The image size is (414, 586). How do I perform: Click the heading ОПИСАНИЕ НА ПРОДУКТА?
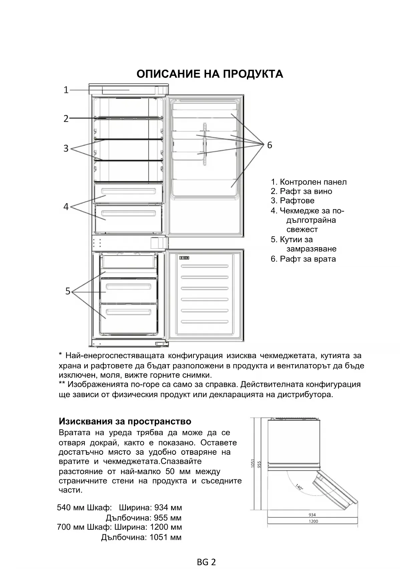click(210, 74)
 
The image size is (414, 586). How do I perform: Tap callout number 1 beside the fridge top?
click(66, 90)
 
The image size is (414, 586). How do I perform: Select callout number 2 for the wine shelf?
click(66, 119)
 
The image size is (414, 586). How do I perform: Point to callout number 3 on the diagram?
click(66, 148)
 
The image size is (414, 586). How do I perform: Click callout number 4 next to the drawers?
click(66, 207)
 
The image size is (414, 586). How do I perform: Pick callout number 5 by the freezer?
click(68, 291)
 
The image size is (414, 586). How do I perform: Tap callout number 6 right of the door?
click(270, 145)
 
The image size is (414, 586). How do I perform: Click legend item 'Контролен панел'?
click(309, 182)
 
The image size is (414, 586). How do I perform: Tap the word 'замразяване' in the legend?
click(311, 249)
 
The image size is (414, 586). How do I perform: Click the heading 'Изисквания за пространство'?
click(125, 421)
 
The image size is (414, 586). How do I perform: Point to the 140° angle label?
click(299, 487)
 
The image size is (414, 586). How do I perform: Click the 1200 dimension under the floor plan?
click(313, 521)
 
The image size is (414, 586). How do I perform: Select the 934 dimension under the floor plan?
click(312, 515)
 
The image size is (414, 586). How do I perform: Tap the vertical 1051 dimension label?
click(253, 463)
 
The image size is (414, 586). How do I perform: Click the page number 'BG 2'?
click(206, 562)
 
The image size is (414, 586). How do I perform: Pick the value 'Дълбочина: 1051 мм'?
click(141, 537)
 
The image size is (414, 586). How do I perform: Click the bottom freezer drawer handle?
click(128, 312)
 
